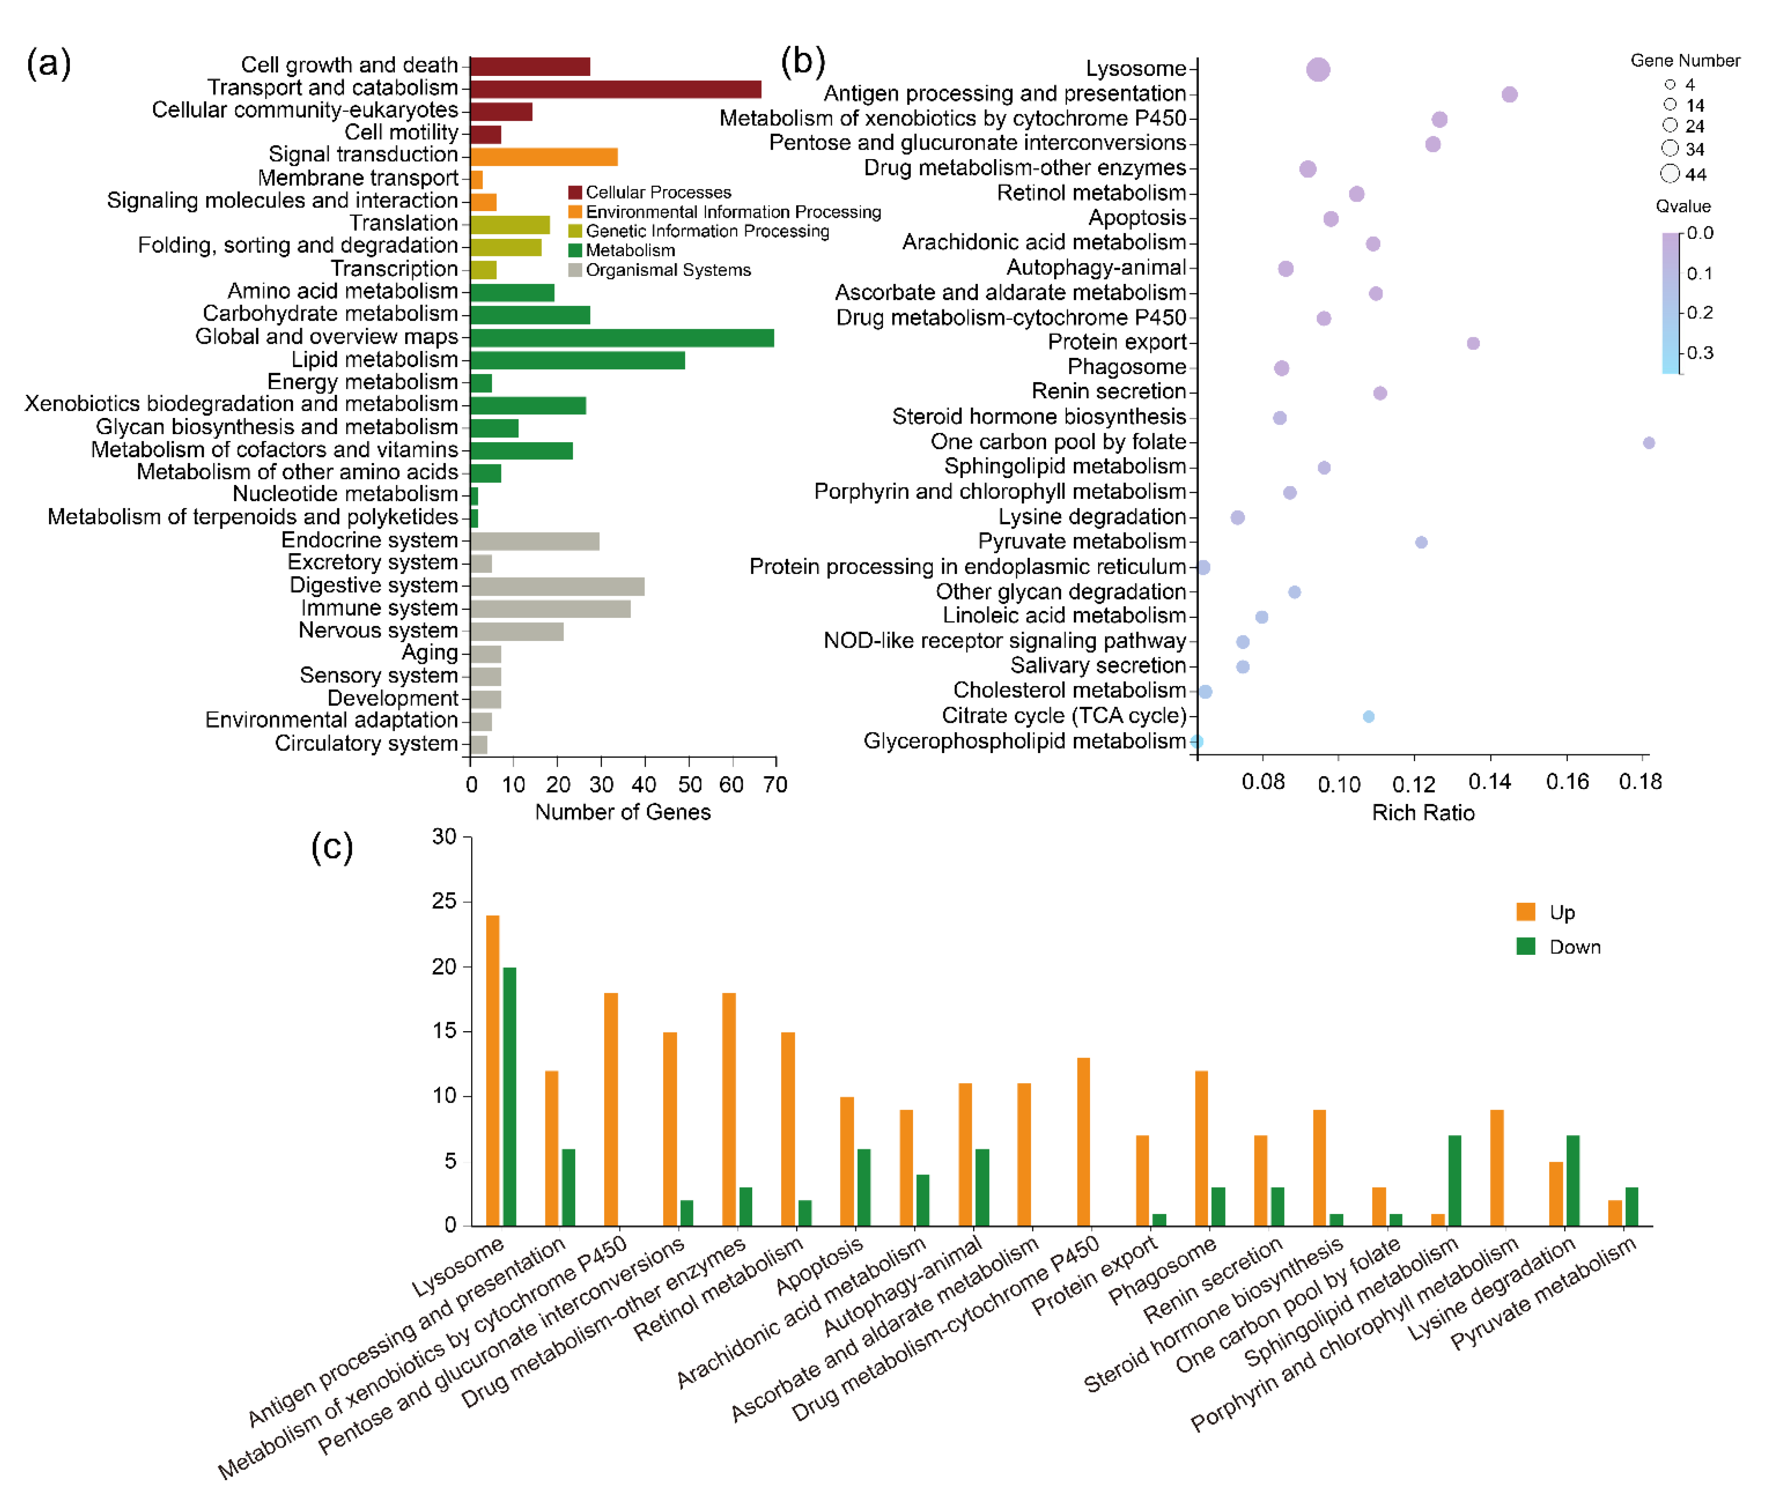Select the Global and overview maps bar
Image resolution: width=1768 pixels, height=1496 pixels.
click(622, 337)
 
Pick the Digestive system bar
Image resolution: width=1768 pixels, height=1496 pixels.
click(557, 586)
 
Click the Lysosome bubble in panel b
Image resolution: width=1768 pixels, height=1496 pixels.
click(1317, 70)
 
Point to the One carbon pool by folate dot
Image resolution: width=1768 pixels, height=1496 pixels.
click(1648, 443)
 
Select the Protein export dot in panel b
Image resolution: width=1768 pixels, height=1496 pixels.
click(1472, 343)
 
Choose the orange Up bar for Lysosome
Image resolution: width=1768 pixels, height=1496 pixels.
click(492, 1070)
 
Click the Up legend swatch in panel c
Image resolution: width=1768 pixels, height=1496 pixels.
click(1525, 912)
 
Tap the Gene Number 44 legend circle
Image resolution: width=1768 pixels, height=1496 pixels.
click(1669, 174)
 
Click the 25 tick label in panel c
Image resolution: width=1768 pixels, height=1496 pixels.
click(443, 902)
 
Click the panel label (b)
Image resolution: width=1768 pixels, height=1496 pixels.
click(802, 61)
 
